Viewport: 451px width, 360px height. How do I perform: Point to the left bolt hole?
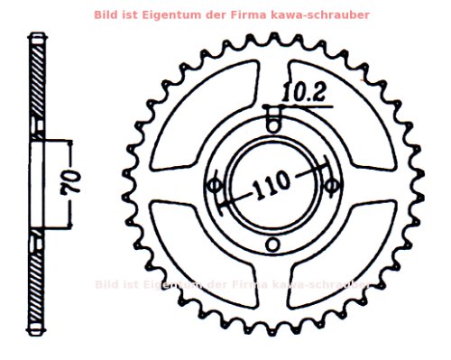tap(214, 185)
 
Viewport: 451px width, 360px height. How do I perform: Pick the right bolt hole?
tap(332, 185)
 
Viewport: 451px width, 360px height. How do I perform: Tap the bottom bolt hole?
tap(273, 244)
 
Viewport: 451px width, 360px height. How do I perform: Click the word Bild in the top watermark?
tap(130, 15)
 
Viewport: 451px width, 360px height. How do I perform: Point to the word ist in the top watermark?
tap(154, 15)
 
